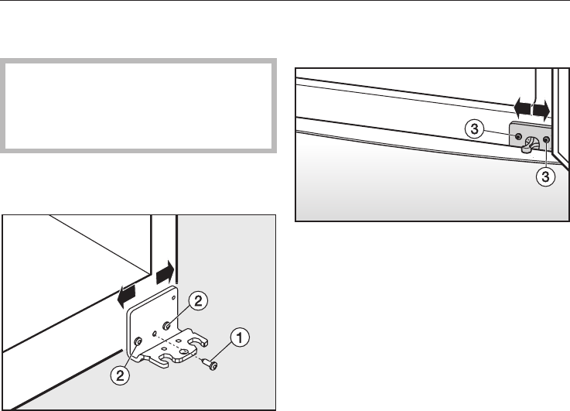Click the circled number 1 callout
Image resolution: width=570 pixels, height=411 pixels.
point(240,337)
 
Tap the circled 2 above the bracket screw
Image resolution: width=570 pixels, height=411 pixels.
point(198,301)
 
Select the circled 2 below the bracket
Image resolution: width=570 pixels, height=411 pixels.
point(120,375)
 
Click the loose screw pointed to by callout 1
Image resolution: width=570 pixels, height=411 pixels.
point(210,364)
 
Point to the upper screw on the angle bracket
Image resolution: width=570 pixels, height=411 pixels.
point(167,326)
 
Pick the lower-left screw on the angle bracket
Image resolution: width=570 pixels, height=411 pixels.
point(138,341)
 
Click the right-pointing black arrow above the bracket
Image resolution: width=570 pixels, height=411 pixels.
point(166,272)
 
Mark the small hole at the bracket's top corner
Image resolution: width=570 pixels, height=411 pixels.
point(174,298)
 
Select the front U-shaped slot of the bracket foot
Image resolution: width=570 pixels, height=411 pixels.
point(163,360)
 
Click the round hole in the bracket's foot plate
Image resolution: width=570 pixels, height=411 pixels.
point(185,351)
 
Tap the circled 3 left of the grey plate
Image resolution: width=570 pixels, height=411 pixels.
point(474,128)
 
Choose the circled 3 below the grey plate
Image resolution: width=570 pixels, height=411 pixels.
point(546,176)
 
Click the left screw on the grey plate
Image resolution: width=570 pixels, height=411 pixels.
point(519,137)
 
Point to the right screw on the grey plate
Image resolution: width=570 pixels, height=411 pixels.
point(546,139)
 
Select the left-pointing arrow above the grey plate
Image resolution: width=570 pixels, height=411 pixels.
point(523,108)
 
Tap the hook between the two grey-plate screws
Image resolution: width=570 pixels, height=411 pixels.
point(530,145)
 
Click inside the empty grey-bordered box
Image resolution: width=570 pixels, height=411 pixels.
point(138,105)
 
